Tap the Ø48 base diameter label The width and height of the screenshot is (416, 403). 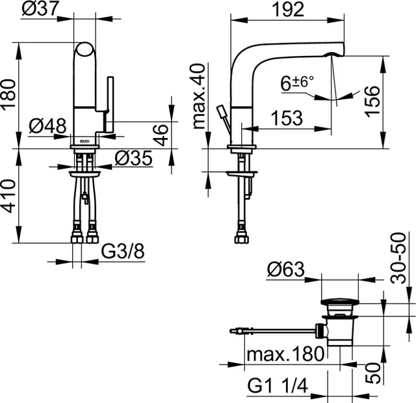click(x=47, y=126)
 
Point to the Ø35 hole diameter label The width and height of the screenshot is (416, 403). click(x=133, y=158)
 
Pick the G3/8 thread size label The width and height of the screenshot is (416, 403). click(x=124, y=252)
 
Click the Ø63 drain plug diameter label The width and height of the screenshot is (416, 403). click(x=286, y=269)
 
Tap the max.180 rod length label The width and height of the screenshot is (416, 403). click(x=284, y=354)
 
